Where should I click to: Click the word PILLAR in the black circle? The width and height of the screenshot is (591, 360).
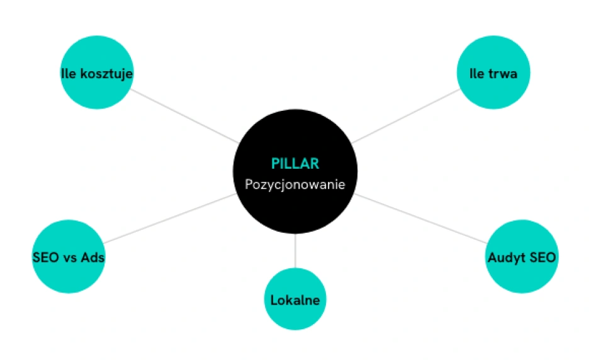[295, 164]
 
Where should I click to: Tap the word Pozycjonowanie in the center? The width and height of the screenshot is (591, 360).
[295, 184]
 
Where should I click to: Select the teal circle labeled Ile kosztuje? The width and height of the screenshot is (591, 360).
[97, 72]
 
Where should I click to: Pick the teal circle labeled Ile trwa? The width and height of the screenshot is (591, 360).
[493, 72]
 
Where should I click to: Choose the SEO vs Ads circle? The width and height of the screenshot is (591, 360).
[69, 256]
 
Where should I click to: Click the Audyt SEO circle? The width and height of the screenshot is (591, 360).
[522, 256]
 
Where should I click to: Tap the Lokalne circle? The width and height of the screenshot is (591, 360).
[295, 299]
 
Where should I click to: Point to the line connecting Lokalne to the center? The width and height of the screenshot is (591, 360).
[295, 250]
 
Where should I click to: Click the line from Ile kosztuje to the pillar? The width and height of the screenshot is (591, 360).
[184, 116]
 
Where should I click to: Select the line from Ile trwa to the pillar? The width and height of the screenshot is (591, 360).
[405, 116]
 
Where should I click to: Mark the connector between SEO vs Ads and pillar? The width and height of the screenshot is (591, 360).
[170, 218]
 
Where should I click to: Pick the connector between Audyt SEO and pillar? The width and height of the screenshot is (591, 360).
[420, 218]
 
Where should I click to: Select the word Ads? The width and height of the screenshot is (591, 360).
[93, 257]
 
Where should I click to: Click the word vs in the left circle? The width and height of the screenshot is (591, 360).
[70, 258]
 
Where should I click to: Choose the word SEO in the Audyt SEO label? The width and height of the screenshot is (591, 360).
[543, 257]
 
